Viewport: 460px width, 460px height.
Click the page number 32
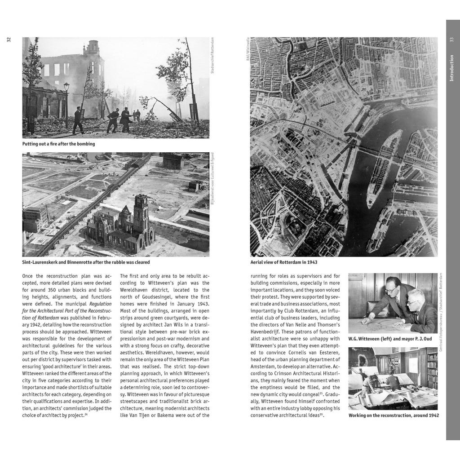[x=9, y=40]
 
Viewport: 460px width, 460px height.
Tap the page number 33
[x=451, y=40]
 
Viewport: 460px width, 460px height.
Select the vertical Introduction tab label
[x=451, y=68]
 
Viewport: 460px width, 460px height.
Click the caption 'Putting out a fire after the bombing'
[x=58, y=144]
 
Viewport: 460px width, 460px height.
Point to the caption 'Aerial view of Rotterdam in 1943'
[x=283, y=262]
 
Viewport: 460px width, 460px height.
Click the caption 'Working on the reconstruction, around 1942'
[x=394, y=416]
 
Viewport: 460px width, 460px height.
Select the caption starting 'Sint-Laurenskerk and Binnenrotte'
[x=86, y=262]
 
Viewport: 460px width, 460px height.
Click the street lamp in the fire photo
[x=66, y=86]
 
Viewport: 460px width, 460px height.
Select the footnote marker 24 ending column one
[x=86, y=415]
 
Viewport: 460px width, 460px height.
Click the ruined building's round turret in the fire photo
[x=93, y=47]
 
